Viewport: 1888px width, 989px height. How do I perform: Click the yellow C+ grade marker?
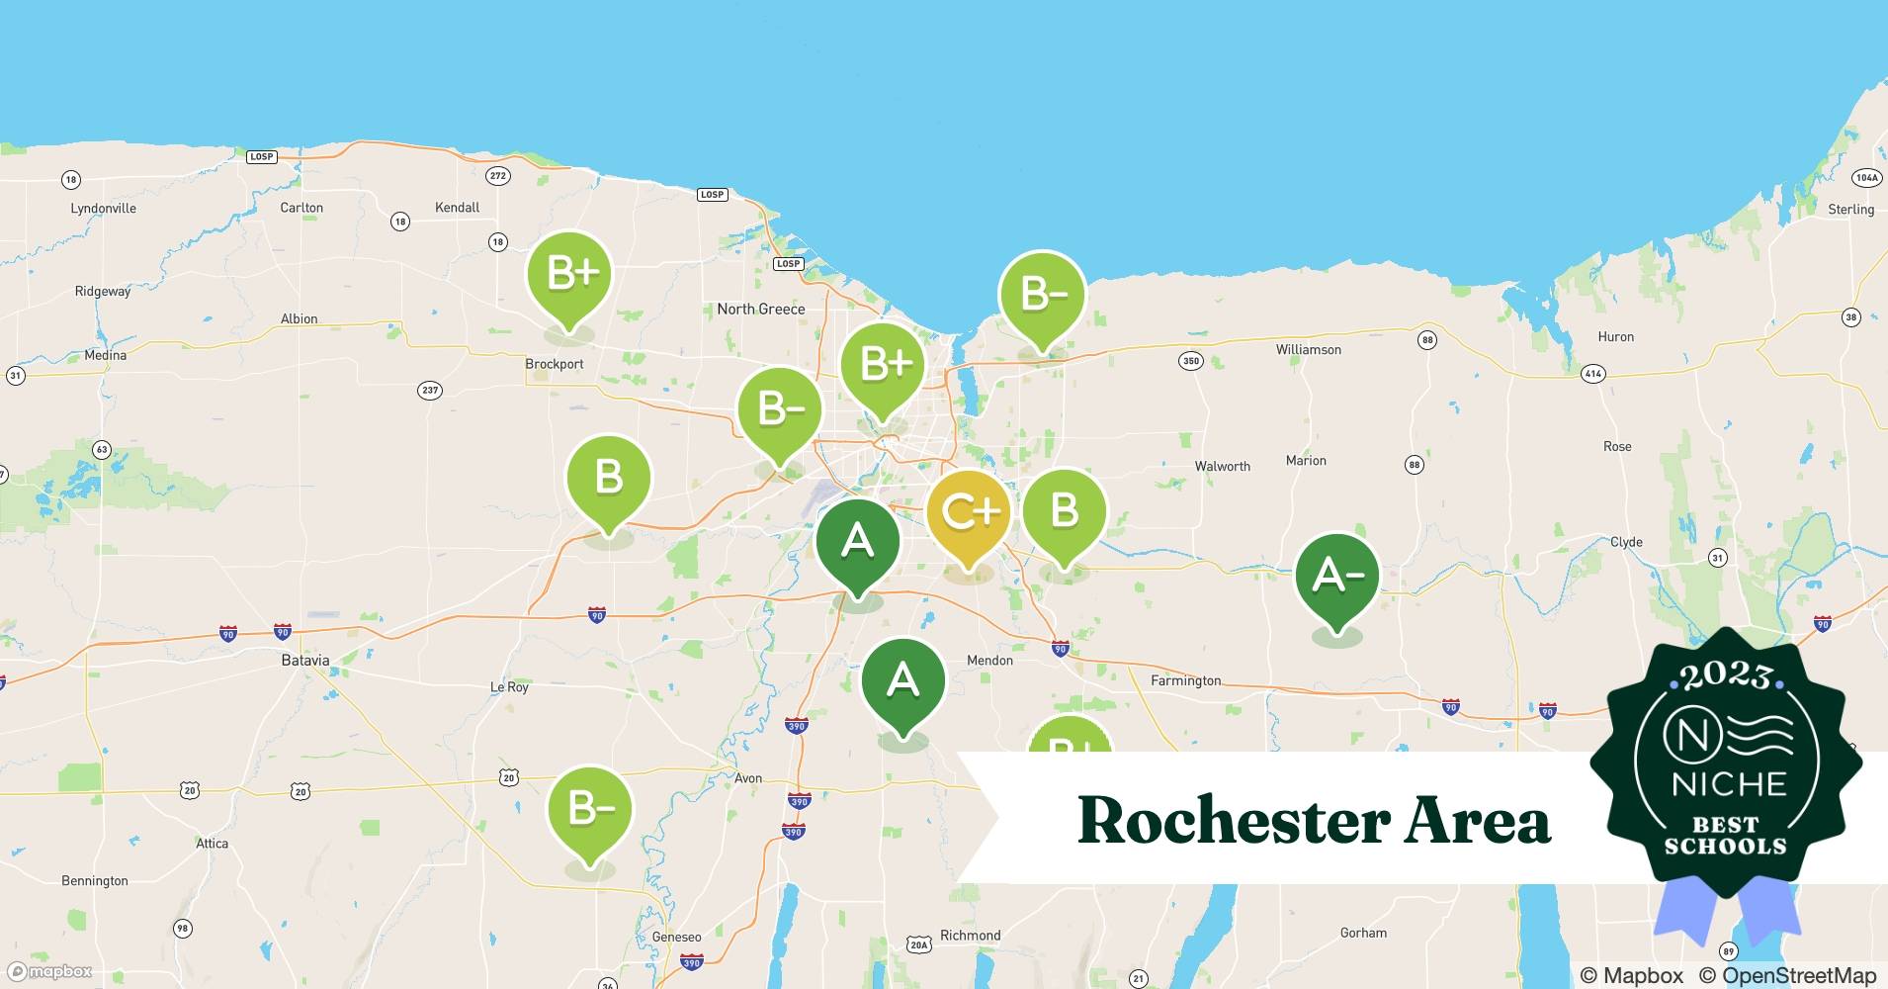969,512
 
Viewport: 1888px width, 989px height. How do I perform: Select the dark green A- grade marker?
1337,576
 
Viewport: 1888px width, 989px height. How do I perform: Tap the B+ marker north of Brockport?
569,274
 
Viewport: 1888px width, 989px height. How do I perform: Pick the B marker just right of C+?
1064,511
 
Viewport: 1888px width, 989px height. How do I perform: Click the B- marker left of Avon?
590,808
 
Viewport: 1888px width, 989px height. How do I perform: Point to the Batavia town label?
304,660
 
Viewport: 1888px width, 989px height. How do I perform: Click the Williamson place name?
1308,350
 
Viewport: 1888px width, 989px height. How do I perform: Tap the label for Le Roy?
509,687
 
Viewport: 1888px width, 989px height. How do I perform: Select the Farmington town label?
1185,680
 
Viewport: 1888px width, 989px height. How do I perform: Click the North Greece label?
760,309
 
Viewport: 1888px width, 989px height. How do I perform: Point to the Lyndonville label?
103,209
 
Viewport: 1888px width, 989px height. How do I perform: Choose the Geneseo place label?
676,937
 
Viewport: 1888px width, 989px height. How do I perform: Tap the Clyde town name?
1626,542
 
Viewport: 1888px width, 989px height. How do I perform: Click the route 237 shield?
429,390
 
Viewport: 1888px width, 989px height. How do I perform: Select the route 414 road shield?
1592,374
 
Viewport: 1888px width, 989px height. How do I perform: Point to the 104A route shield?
1866,178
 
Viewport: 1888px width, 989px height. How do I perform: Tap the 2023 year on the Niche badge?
1726,675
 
